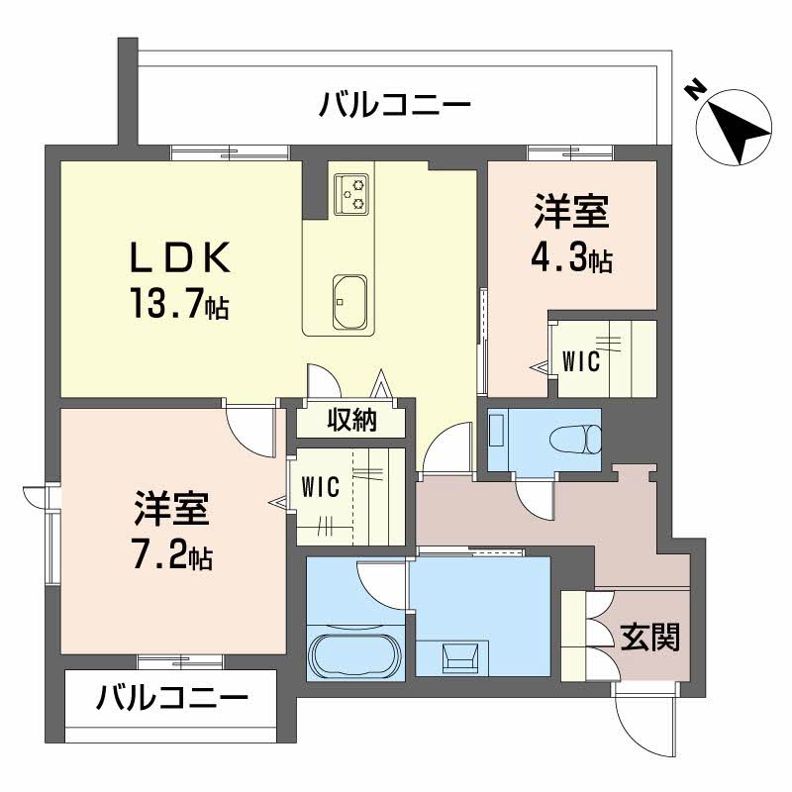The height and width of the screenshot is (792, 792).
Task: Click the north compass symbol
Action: pos(734,128)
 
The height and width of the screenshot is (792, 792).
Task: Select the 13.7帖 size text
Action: pos(178,301)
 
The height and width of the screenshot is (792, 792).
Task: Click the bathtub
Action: pos(355,654)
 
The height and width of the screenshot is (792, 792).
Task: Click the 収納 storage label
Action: pos(351,421)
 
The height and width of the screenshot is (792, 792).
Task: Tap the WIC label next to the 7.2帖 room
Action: pos(321,486)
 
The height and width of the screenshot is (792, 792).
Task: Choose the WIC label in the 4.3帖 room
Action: pos(581,362)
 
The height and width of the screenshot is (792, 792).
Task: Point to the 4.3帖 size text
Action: pos(571,259)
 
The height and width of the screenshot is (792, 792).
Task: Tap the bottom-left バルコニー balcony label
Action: pos(171,700)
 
